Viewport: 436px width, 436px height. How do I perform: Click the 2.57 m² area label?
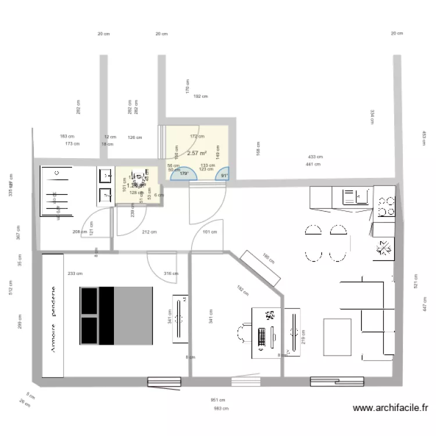(197, 153)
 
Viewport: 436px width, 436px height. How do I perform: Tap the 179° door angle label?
(184, 174)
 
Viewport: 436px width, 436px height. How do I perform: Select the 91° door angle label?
(224, 174)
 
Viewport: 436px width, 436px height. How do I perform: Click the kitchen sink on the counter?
(350, 195)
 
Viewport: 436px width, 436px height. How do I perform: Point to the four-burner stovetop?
(384, 205)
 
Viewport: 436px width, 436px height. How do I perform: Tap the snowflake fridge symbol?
(384, 248)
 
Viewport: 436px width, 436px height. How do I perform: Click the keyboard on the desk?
(262, 335)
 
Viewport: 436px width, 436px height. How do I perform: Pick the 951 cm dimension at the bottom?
(218, 400)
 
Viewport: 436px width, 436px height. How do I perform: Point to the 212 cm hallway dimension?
(149, 232)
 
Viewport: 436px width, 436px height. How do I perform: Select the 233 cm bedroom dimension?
(74, 273)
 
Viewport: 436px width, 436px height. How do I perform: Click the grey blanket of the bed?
(134, 315)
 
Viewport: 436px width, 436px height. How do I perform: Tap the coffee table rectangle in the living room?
(337, 337)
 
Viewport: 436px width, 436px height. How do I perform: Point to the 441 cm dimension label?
(313, 165)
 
